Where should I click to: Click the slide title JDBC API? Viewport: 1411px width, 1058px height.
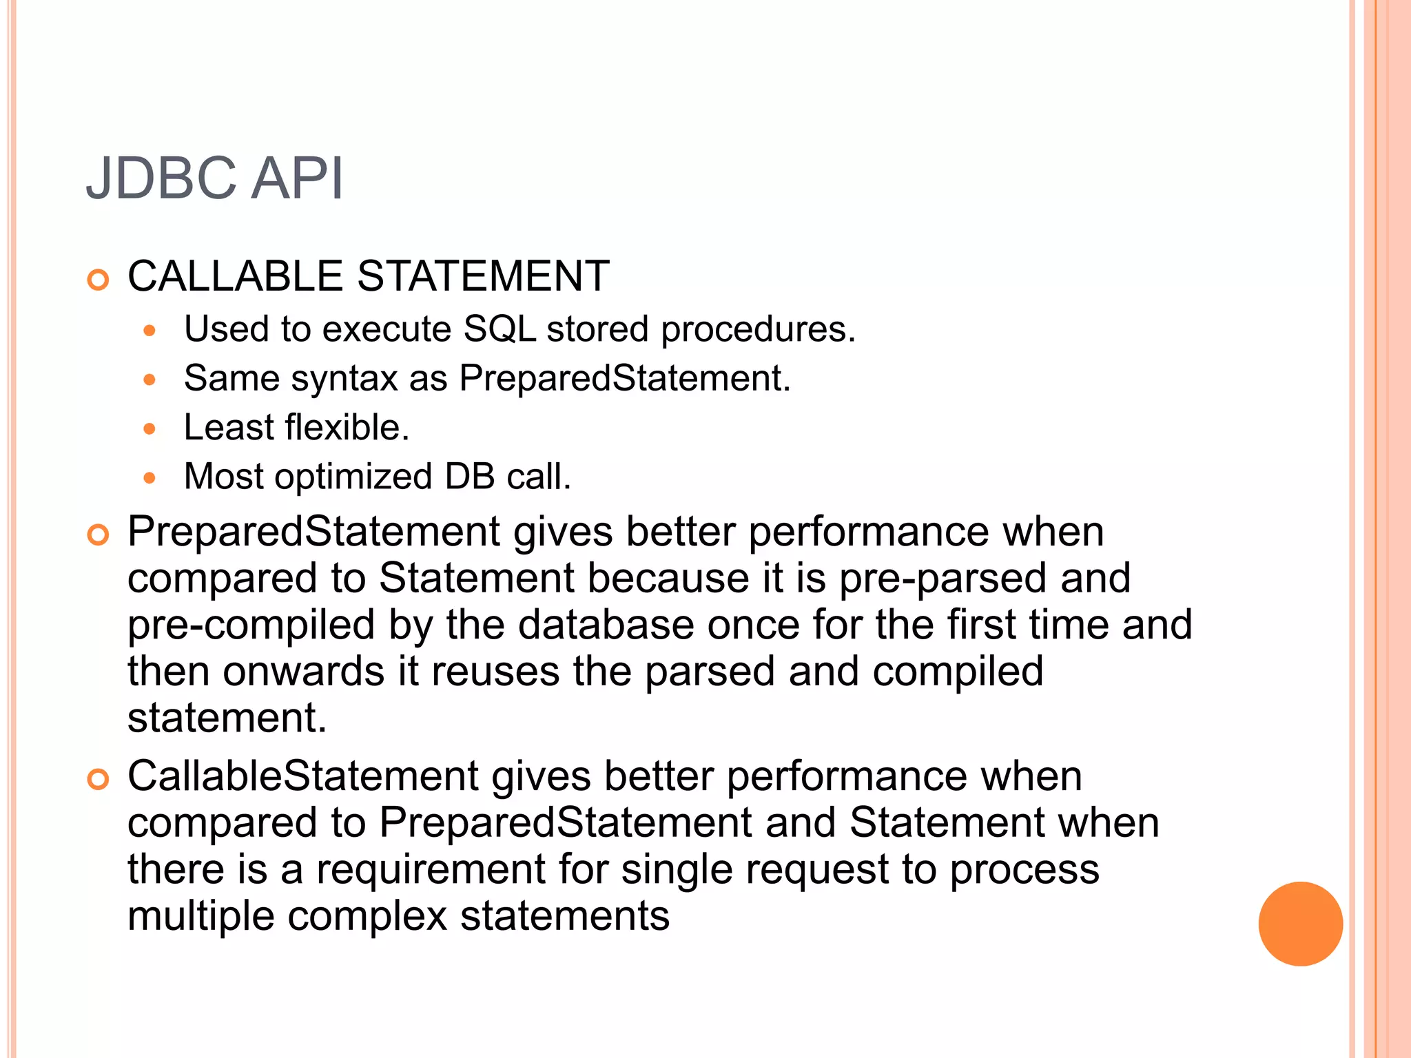coord(214,178)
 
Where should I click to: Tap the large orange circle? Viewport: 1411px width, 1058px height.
coord(1300,924)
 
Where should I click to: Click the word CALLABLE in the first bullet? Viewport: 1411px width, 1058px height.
coord(235,276)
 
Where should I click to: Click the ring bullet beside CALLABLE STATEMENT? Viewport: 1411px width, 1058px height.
coord(99,280)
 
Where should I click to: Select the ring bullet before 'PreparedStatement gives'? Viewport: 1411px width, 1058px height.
coord(99,535)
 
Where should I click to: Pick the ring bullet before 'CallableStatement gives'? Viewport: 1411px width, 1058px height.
coord(99,780)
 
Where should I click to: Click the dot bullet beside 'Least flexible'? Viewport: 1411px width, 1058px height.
coord(150,429)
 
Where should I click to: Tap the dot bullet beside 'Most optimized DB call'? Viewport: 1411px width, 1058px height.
coord(150,478)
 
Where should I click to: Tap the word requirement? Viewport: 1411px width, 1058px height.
coord(431,869)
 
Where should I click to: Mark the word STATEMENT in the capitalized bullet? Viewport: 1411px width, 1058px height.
coord(483,276)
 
